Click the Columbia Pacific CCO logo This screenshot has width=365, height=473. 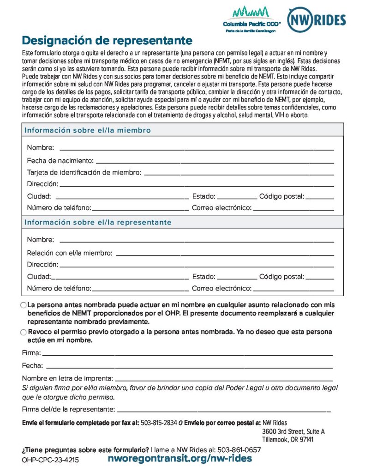pos(251,19)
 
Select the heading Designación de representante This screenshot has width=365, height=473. pos(107,40)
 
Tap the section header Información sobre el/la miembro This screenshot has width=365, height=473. pos(88,130)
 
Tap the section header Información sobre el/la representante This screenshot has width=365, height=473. pos(98,222)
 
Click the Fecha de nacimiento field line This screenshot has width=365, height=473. pos(215,163)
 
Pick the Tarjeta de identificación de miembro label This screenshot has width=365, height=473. pos(84,173)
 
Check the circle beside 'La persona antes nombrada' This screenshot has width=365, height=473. pos(24,306)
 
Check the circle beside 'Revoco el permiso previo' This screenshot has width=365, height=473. pos(24,333)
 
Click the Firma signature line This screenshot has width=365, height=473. pos(187,355)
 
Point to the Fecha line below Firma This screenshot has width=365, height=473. pos(189,367)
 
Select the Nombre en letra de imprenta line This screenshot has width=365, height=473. pos(224,380)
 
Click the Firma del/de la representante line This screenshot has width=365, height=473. pos(223,411)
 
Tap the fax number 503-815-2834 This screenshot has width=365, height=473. pos(159,423)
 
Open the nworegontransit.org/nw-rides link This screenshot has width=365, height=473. pos(180,459)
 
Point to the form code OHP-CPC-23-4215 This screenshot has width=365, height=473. pos(50,460)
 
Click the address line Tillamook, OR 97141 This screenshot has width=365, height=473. pos(287,439)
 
